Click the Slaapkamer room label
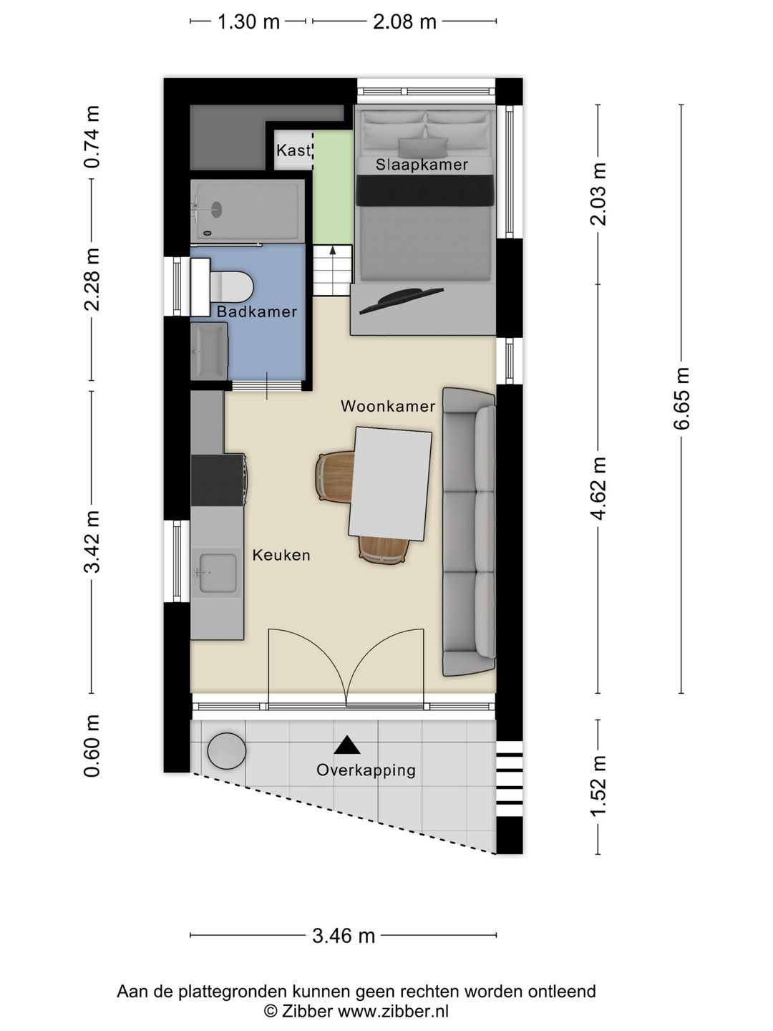pyautogui.click(x=422, y=165)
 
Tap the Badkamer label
pyautogui.click(x=257, y=311)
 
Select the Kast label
pyautogui.click(x=293, y=150)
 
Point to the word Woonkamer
pyautogui.click(x=388, y=406)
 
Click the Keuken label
pyautogui.click(x=281, y=555)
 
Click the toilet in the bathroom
pyautogui.click(x=231, y=286)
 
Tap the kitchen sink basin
pyautogui.click(x=218, y=573)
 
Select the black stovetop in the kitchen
pyautogui.click(x=218, y=480)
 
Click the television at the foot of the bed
pyautogui.click(x=402, y=301)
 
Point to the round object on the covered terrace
pyautogui.click(x=227, y=751)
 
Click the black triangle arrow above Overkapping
pyautogui.click(x=347, y=745)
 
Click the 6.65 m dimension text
pyautogui.click(x=681, y=398)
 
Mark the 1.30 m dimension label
pyautogui.click(x=248, y=21)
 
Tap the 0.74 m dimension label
pyautogui.click(x=92, y=137)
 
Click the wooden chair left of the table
pyautogui.click(x=335, y=477)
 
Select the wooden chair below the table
pyautogui.click(x=384, y=550)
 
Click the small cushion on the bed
pyautogui.click(x=422, y=147)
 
